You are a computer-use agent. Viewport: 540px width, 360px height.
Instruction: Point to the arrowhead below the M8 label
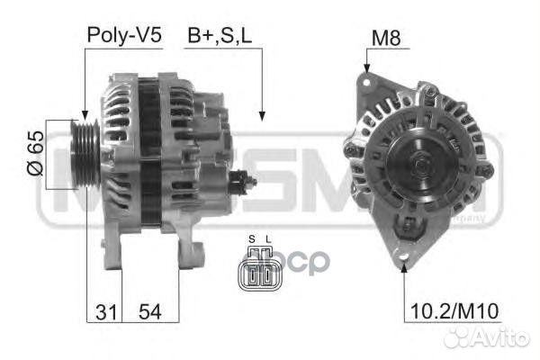coord(367,68)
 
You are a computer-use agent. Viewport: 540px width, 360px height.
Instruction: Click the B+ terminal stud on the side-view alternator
coord(247,181)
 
